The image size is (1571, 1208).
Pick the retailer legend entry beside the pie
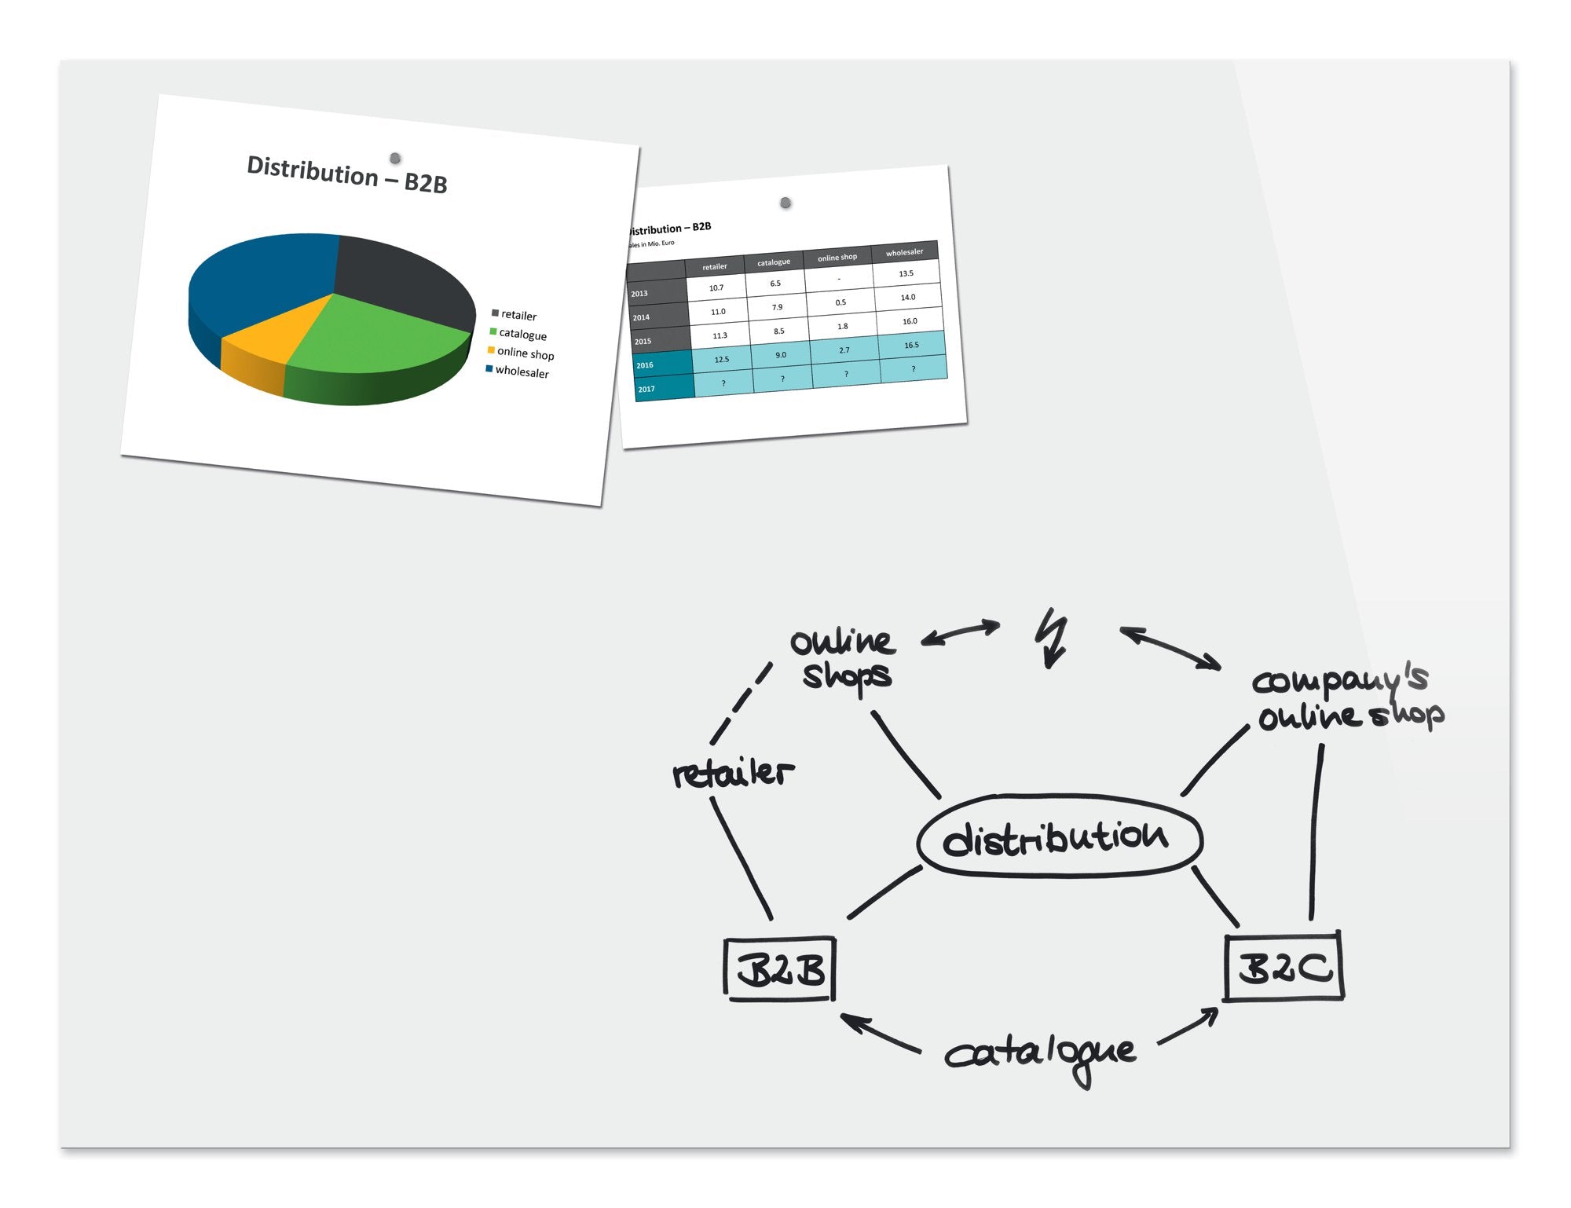coord(514,315)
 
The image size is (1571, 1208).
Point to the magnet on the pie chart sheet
coord(395,159)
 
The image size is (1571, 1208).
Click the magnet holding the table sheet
coord(785,203)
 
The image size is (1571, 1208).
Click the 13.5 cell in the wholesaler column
coord(906,273)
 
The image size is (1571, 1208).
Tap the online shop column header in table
coord(837,258)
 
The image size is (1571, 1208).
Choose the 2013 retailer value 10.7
coord(716,287)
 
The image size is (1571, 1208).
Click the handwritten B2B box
coord(779,969)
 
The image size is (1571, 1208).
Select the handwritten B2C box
coord(1284,967)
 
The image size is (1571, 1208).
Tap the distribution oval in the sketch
coord(1059,837)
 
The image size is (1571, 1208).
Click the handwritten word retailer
coord(732,774)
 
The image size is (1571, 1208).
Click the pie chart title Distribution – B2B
coord(346,174)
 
